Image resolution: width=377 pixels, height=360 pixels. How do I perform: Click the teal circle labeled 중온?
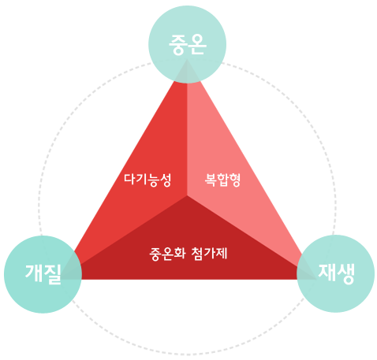tap(187, 44)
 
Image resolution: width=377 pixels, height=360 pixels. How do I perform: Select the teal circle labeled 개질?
tap(43, 274)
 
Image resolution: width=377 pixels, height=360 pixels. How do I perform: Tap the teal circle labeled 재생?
tap(335, 273)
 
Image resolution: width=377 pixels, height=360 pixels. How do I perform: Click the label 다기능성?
tap(147, 180)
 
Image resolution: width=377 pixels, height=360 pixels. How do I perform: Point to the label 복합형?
tap(222, 180)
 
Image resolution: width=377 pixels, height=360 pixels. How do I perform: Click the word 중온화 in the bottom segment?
tap(167, 254)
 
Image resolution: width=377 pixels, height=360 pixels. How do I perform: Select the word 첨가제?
tap(209, 254)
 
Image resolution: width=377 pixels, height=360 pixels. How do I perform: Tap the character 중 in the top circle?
tap(177, 45)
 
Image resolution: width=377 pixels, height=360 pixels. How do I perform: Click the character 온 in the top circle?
tap(197, 44)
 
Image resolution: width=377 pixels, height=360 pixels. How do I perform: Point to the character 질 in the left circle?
tap(52, 274)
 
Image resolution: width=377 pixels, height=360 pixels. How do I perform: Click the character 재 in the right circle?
tap(327, 273)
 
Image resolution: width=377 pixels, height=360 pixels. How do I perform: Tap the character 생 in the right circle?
tap(345, 274)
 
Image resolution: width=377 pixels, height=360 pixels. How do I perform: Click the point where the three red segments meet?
tap(187, 195)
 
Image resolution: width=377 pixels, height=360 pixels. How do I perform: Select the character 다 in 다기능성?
tap(129, 180)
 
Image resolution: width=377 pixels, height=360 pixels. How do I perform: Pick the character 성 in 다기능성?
tap(166, 180)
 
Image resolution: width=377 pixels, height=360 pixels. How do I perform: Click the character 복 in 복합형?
tap(211, 180)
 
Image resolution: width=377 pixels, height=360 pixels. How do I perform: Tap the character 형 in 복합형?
tap(235, 180)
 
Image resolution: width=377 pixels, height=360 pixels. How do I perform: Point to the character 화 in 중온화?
tap(180, 254)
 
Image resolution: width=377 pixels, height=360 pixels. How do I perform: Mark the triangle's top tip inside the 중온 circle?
tap(187, 60)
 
